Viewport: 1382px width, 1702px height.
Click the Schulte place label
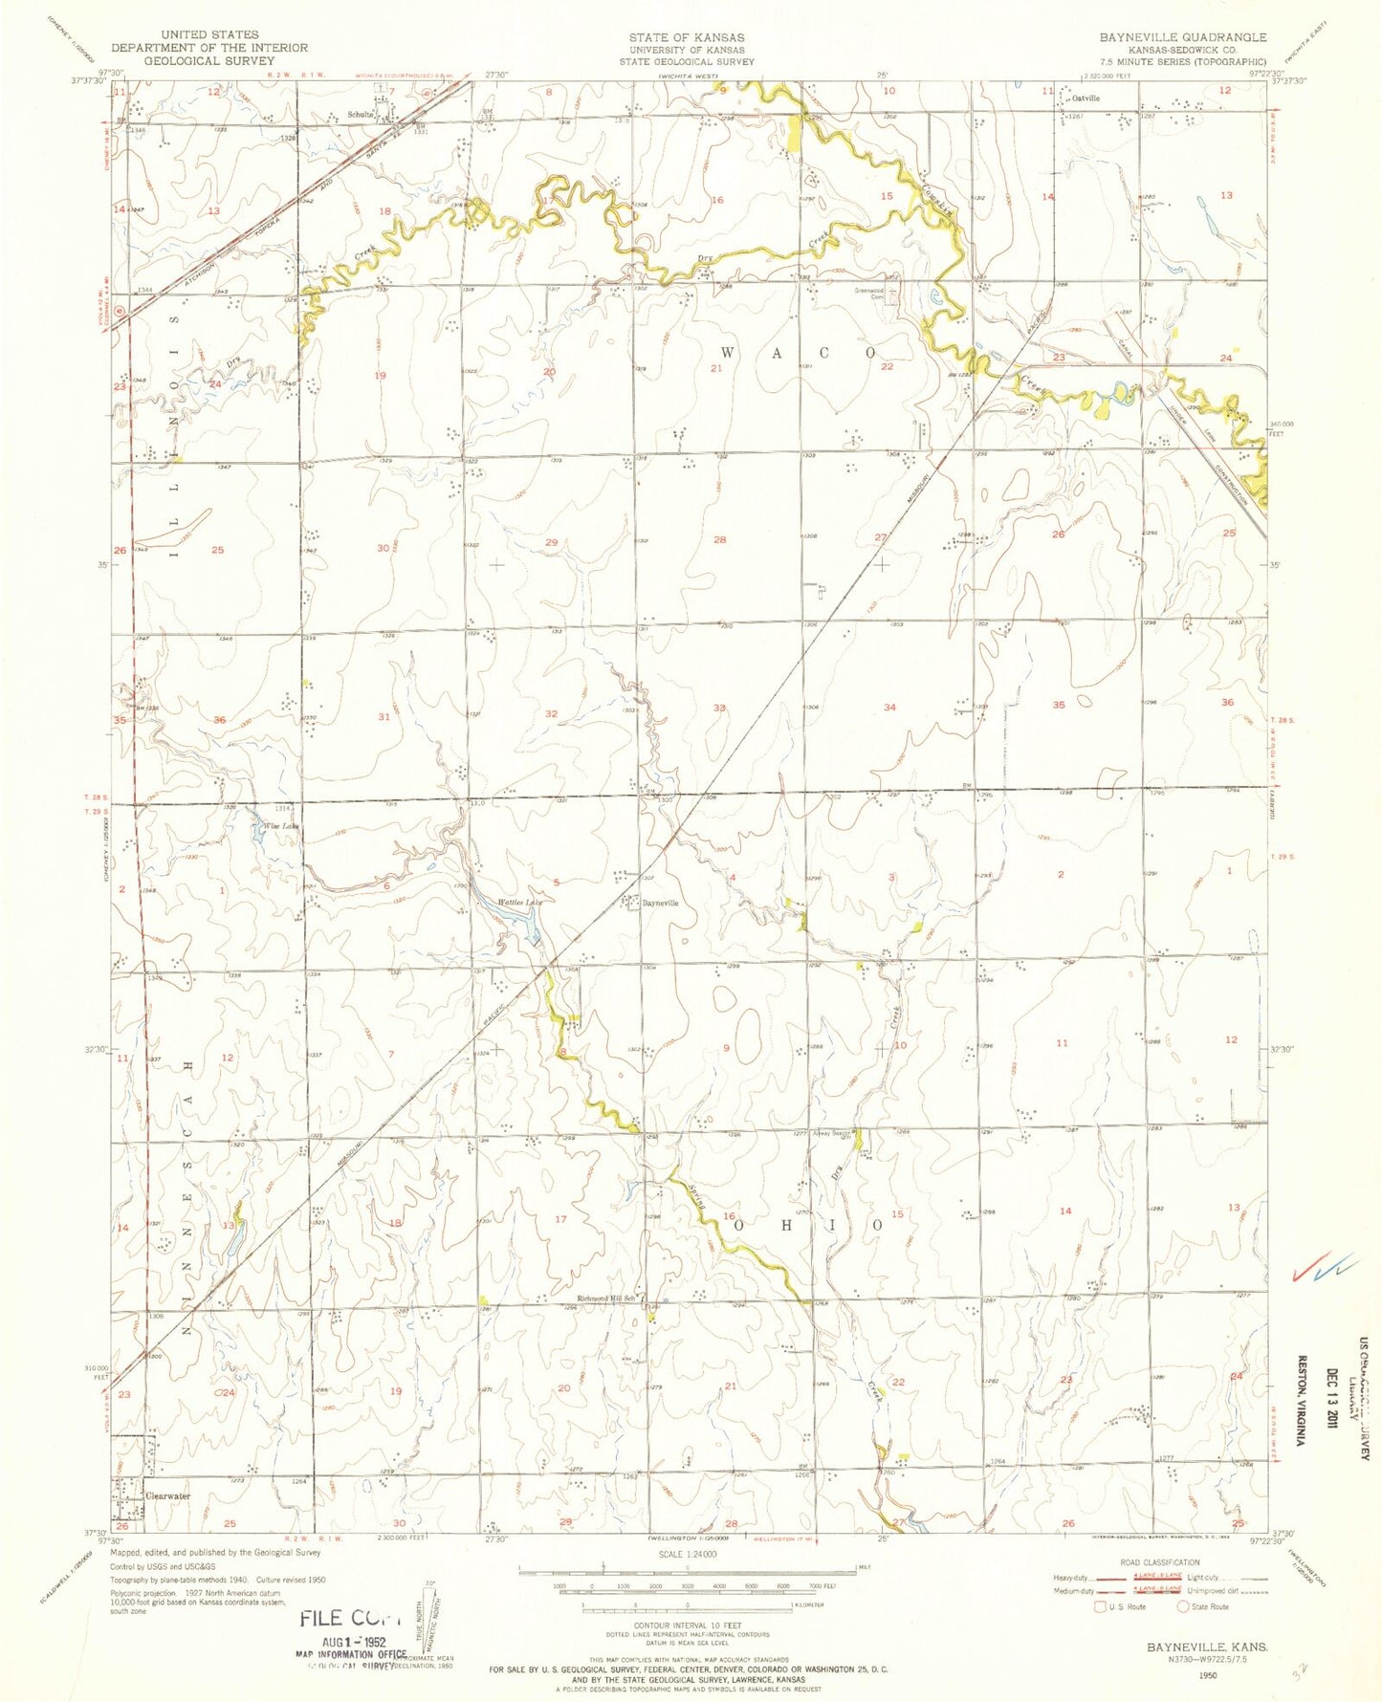[x=360, y=115]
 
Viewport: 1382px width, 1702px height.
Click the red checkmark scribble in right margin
[x=1324, y=1267]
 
